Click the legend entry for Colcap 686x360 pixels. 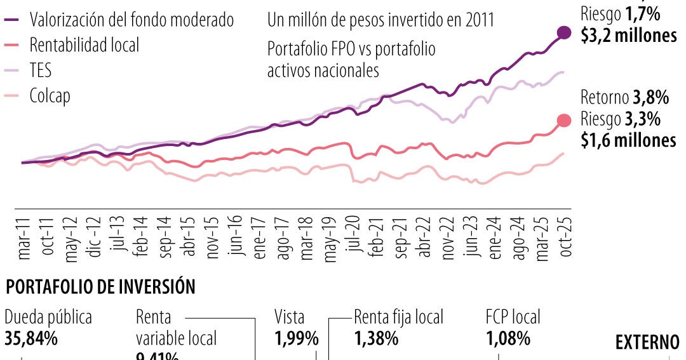pyautogui.click(x=50, y=96)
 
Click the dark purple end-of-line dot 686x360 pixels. pyautogui.click(x=563, y=33)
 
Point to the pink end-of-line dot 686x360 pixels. pyautogui.click(x=563, y=121)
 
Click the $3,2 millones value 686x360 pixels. pyautogui.click(x=628, y=36)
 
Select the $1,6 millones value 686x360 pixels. pyautogui.click(x=628, y=140)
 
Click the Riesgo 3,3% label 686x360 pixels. pyautogui.click(x=621, y=119)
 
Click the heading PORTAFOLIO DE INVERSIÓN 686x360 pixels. pyautogui.click(x=100, y=287)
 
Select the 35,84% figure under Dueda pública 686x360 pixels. pyautogui.click(x=31, y=338)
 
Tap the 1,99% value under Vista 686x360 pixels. pyautogui.click(x=296, y=339)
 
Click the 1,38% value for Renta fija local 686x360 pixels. pyautogui.click(x=376, y=339)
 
